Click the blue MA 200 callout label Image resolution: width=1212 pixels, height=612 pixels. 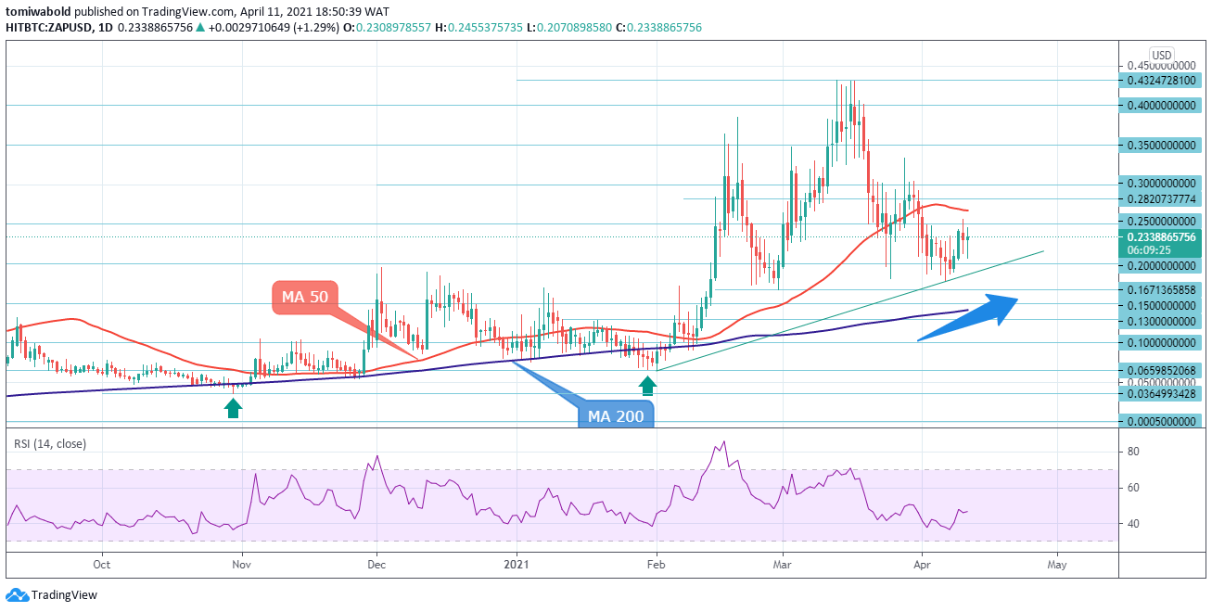[617, 415]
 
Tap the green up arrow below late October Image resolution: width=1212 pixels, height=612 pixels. [233, 407]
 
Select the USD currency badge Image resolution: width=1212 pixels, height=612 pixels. [1162, 55]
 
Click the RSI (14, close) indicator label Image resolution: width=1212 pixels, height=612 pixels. [50, 444]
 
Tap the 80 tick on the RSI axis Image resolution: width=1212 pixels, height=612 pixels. [1133, 452]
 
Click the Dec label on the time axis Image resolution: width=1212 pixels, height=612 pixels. [376, 564]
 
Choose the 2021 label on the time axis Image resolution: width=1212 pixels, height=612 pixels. [516, 564]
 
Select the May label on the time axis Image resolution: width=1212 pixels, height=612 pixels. [1057, 564]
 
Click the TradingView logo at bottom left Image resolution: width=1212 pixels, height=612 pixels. [52, 594]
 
